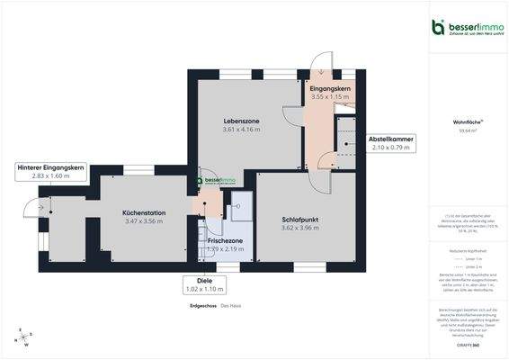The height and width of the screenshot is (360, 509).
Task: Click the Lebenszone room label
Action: (241, 119)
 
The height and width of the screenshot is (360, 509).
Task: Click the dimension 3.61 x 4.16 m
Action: (241, 130)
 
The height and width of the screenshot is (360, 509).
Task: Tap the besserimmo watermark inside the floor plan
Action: (216, 180)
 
